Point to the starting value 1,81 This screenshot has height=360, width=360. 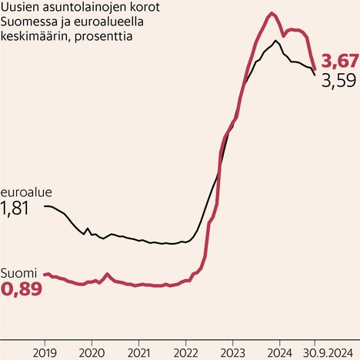[15, 208]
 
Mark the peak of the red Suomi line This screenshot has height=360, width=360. [272, 13]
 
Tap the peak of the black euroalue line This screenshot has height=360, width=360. [275, 40]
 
